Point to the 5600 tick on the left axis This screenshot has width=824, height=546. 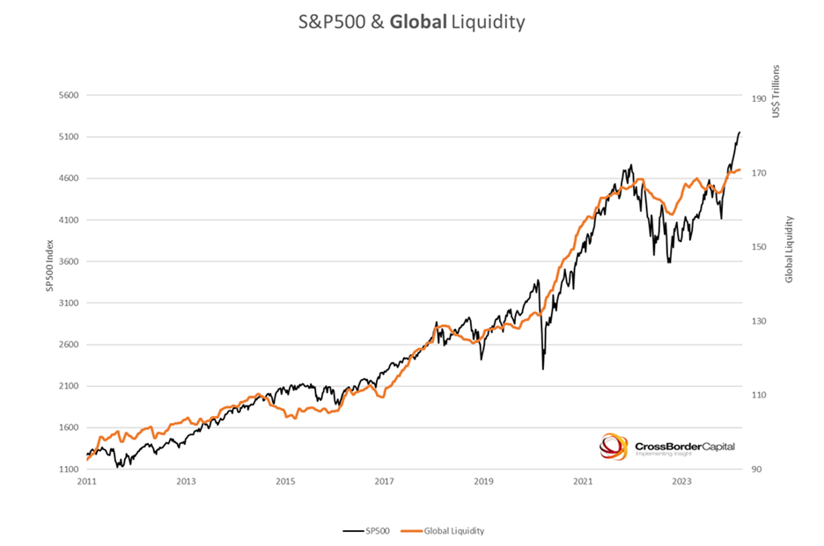point(68,95)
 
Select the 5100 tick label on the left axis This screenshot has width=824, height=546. point(68,137)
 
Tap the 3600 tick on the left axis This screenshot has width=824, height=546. point(68,261)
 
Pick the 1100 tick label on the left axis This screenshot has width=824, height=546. point(68,470)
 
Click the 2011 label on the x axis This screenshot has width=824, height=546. point(86,482)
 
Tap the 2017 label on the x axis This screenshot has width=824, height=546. point(384,482)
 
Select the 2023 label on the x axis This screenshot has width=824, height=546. point(681,482)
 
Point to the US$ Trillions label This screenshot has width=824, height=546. point(776,91)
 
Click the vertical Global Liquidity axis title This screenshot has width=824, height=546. point(789,249)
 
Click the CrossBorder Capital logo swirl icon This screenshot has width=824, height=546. point(614,446)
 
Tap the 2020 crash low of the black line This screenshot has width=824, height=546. point(542,368)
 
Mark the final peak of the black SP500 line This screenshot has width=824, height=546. point(739,132)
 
